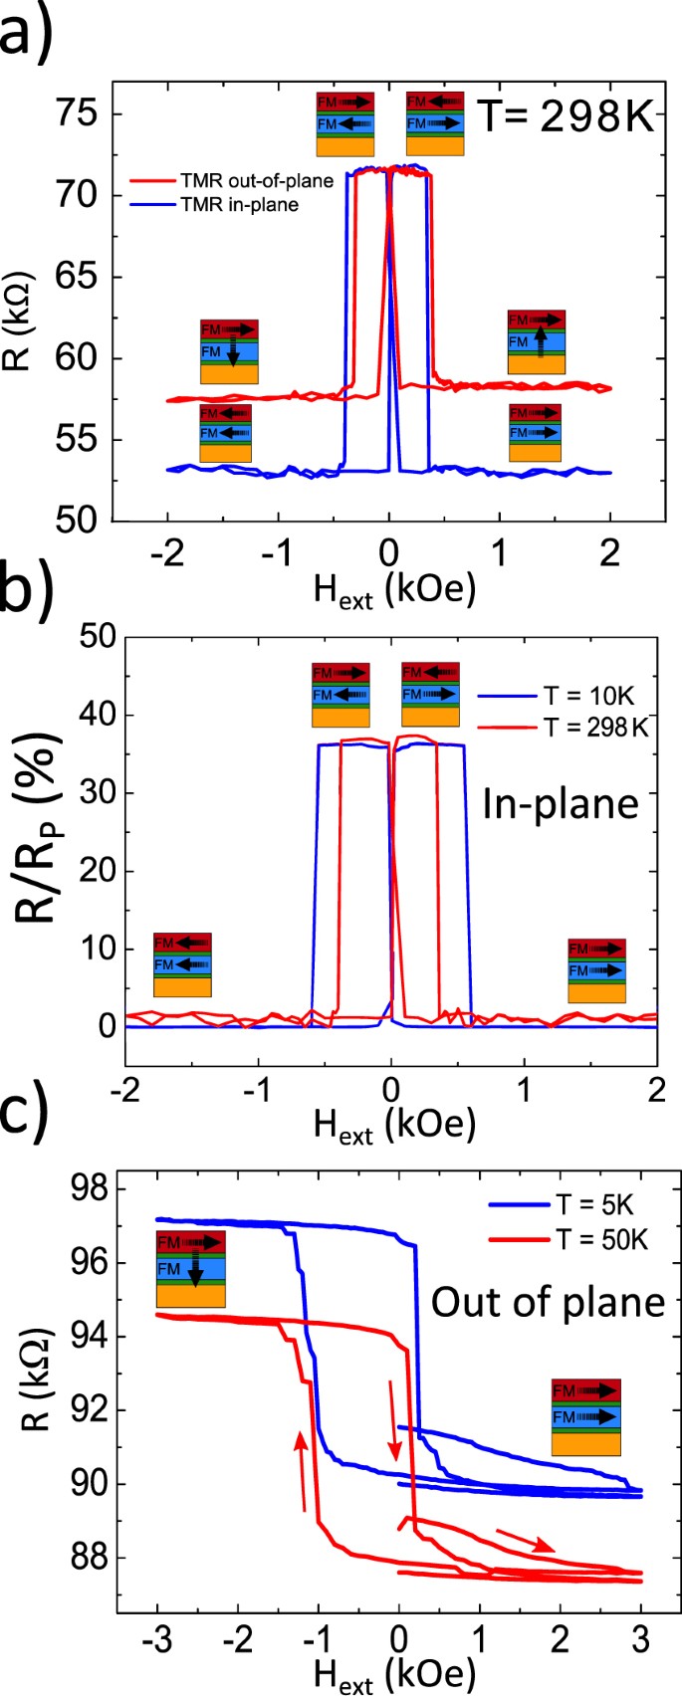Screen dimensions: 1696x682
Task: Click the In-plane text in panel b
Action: [561, 803]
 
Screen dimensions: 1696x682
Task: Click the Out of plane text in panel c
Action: [547, 1301]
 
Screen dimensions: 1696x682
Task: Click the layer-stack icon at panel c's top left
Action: [190, 1268]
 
